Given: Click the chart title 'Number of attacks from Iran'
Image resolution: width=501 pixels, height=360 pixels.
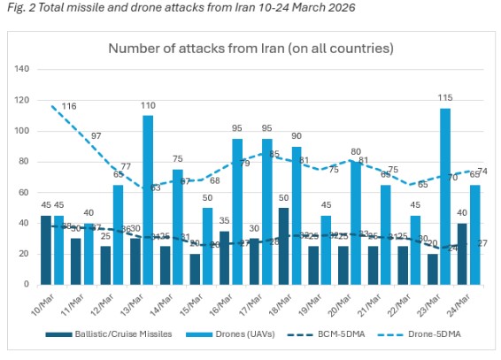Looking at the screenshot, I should point(250,48).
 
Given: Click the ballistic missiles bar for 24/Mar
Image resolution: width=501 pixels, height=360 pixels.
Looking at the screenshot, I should point(463,253).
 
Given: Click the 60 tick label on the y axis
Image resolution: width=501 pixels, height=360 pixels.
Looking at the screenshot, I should point(24,192).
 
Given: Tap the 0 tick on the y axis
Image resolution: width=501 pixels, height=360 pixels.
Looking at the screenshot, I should point(27,284).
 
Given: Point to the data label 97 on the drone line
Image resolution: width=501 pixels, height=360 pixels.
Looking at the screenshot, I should point(96,136).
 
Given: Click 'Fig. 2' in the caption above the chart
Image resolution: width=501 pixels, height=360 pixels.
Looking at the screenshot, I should point(19,8).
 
